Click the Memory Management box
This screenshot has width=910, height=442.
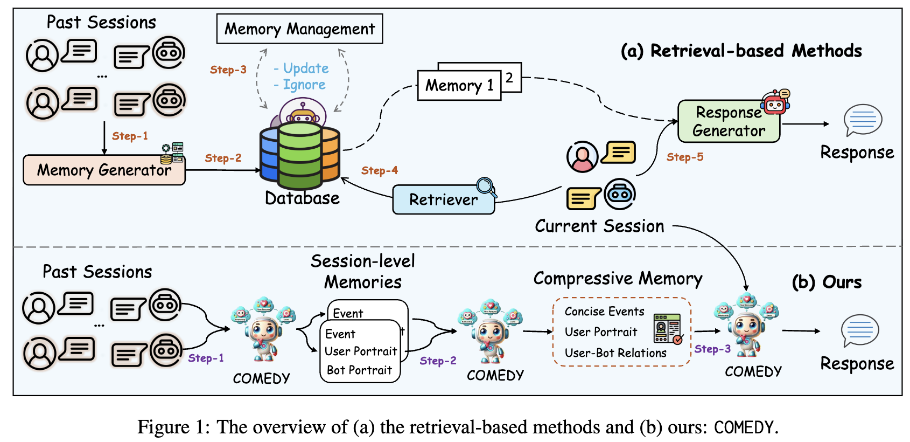pos(299,29)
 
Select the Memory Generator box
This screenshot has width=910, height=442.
pos(104,170)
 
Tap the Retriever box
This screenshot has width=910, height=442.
pos(443,199)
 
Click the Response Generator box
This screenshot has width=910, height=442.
pos(729,121)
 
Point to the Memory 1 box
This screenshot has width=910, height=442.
pos(459,86)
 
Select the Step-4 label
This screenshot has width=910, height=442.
pos(380,170)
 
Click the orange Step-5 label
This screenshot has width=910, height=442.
pos(685,157)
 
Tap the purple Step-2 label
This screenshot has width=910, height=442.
pos(438,361)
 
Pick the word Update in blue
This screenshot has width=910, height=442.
pos(306,68)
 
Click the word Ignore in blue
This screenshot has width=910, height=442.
pos(304,85)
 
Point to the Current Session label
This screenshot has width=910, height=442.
pos(599,226)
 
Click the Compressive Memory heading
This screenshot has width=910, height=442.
pos(618,278)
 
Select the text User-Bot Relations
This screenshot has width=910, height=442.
pos(615,353)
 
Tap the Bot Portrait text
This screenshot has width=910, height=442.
pos(359,370)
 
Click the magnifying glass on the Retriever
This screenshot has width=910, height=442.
pos(486,187)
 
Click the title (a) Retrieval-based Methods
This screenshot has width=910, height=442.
pos(741,51)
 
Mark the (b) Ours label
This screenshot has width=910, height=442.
pos(827,282)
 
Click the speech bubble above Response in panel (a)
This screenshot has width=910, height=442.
pos(863,120)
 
